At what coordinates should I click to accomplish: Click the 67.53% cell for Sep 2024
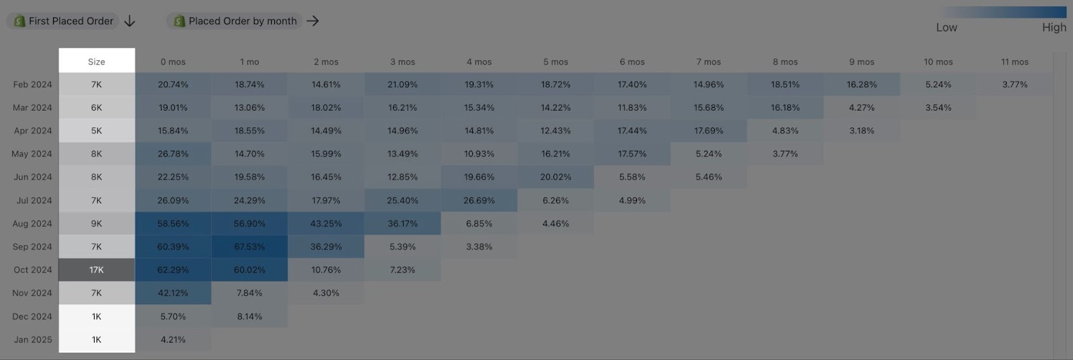pyautogui.click(x=249, y=247)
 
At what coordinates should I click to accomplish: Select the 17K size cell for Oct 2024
pyautogui.click(x=97, y=269)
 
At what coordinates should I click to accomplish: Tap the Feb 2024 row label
pyautogui.click(x=32, y=84)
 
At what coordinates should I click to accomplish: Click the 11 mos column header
pyautogui.click(x=1015, y=62)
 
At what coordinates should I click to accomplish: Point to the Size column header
pyautogui.click(x=97, y=62)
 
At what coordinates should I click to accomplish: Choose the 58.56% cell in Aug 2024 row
pyautogui.click(x=173, y=223)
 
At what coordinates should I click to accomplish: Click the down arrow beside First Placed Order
pyautogui.click(x=130, y=21)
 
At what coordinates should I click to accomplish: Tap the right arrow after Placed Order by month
pyautogui.click(x=313, y=21)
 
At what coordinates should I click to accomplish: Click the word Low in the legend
pyautogui.click(x=946, y=27)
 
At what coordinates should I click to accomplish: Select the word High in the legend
pyautogui.click(x=1054, y=27)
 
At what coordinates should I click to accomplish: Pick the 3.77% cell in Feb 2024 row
pyautogui.click(x=1015, y=84)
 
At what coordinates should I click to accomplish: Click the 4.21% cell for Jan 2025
pyautogui.click(x=173, y=339)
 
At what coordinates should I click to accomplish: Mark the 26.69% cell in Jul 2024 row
pyautogui.click(x=479, y=200)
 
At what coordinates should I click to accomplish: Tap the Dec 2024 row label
pyautogui.click(x=32, y=316)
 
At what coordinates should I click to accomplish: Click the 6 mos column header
pyautogui.click(x=632, y=62)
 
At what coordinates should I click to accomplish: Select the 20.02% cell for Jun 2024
pyautogui.click(x=556, y=177)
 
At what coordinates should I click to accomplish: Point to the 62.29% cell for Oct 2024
pyautogui.click(x=173, y=269)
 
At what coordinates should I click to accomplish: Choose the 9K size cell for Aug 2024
pyautogui.click(x=97, y=223)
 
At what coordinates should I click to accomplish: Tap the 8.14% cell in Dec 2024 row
pyautogui.click(x=249, y=316)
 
